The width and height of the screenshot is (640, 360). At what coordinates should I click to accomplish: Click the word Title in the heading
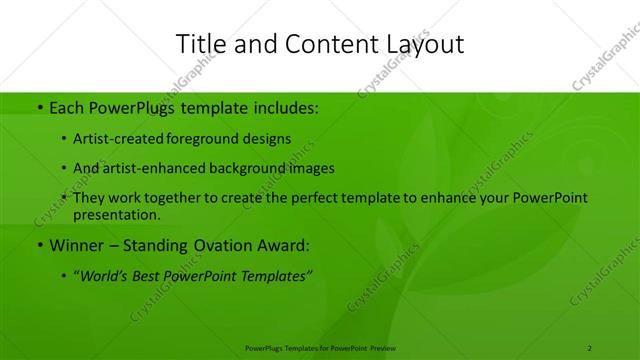[x=199, y=44]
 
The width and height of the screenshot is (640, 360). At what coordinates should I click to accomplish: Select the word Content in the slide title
[x=322, y=44]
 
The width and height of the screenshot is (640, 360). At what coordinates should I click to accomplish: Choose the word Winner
[x=74, y=245]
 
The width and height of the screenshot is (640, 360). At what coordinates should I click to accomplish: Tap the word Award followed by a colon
[x=285, y=245]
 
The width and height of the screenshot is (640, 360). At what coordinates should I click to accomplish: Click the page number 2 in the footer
[x=589, y=348]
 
